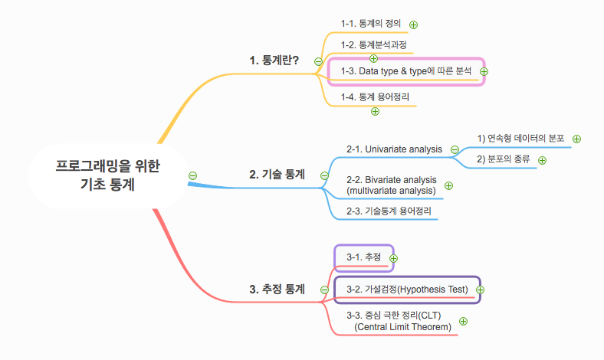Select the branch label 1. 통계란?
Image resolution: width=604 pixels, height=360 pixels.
click(x=274, y=60)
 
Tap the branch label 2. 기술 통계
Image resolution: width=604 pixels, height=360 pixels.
click(x=277, y=175)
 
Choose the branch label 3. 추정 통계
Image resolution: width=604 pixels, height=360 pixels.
click(x=277, y=289)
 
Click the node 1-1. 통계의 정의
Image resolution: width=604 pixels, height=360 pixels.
click(x=370, y=24)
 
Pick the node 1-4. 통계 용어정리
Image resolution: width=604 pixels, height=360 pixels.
click(x=375, y=97)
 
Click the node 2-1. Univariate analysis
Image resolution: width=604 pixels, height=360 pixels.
click(x=394, y=149)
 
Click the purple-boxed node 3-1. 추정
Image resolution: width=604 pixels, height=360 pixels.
click(x=363, y=257)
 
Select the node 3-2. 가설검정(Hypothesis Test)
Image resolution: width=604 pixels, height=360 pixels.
click(x=406, y=290)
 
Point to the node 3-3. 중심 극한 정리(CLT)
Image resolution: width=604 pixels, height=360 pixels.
click(x=398, y=321)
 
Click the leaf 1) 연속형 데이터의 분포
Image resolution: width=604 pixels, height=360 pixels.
click(x=520, y=139)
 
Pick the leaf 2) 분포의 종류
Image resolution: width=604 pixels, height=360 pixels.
click(x=504, y=159)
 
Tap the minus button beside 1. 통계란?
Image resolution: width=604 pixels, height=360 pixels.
click(x=318, y=61)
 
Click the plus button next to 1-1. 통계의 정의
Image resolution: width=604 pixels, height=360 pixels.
click(x=413, y=25)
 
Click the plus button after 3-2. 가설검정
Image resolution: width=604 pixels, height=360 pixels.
click(x=481, y=290)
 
